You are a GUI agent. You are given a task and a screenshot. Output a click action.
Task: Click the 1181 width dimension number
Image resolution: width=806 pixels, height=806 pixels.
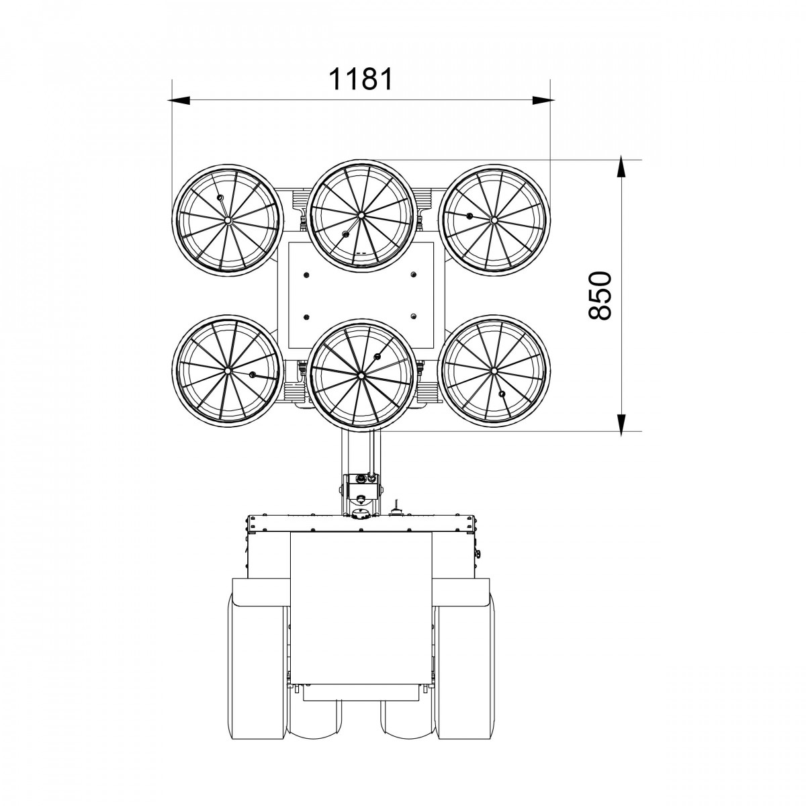click(361, 79)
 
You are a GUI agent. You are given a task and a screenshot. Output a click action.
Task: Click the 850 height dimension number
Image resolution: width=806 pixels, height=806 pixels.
click(599, 296)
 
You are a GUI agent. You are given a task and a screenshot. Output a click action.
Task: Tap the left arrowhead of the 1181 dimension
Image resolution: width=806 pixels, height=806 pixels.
click(179, 100)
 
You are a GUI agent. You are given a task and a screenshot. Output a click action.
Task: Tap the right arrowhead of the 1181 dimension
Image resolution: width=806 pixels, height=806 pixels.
click(543, 100)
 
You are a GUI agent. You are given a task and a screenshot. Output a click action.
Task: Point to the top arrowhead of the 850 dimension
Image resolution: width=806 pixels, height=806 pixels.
click(621, 167)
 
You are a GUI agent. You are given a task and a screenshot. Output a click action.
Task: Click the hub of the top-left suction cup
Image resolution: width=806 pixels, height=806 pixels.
click(228, 220)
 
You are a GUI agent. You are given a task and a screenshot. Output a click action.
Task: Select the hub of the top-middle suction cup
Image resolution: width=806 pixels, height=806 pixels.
click(361, 216)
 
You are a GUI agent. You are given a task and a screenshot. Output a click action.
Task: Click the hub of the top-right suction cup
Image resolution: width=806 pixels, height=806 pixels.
click(494, 220)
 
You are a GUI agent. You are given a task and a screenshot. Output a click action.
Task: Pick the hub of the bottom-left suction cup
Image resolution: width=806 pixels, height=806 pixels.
click(228, 371)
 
